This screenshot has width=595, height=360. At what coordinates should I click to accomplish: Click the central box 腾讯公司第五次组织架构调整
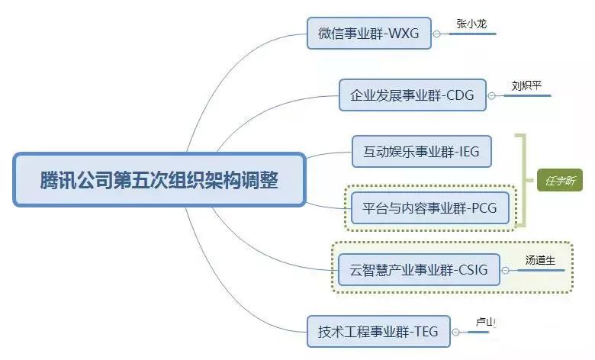click(159, 181)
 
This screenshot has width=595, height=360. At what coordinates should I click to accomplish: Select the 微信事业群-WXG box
click(368, 34)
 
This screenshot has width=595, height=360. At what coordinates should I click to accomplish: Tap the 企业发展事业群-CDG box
click(412, 95)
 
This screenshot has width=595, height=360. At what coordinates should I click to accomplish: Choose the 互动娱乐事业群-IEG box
click(422, 151)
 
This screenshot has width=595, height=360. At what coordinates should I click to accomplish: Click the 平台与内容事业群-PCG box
click(430, 207)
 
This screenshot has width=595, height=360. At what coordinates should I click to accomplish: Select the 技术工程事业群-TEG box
click(376, 332)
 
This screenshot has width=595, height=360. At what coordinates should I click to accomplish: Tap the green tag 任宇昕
click(560, 180)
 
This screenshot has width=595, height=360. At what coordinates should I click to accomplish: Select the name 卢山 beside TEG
click(486, 323)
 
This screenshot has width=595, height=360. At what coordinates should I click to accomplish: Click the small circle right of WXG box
click(436, 34)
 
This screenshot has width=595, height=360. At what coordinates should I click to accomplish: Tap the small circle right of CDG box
click(492, 96)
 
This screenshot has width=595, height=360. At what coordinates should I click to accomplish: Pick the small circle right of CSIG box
click(505, 269)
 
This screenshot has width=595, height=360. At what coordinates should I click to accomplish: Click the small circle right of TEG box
click(455, 332)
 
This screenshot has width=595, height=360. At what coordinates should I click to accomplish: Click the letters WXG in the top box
click(404, 34)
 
